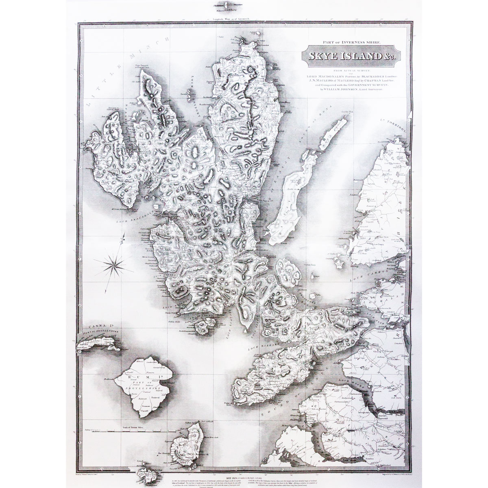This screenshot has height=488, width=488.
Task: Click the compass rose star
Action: click(114, 266)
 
